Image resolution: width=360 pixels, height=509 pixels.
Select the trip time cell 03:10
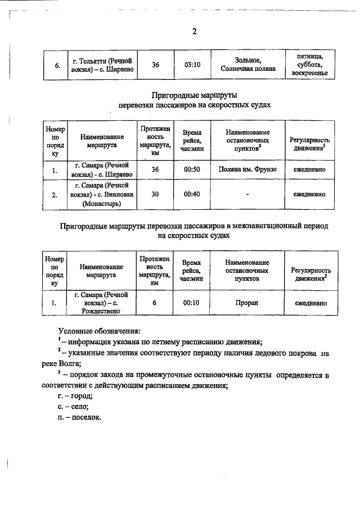pos(192,65)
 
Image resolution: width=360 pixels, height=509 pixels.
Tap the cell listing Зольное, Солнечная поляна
pos(248,65)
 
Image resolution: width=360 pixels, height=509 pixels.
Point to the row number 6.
pos(57,66)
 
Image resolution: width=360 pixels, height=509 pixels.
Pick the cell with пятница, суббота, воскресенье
pos(310,65)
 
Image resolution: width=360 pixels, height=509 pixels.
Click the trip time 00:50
pos(192,169)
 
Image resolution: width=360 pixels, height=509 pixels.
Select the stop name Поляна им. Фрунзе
pos(247,169)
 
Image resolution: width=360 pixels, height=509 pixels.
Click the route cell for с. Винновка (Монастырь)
pos(102,195)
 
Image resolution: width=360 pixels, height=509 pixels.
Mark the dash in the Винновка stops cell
pos(247,195)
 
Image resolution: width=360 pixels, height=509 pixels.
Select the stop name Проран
pos(247,303)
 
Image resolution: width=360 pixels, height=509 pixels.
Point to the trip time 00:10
pos(192,303)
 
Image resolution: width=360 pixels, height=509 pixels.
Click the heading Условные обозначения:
pos(99,331)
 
